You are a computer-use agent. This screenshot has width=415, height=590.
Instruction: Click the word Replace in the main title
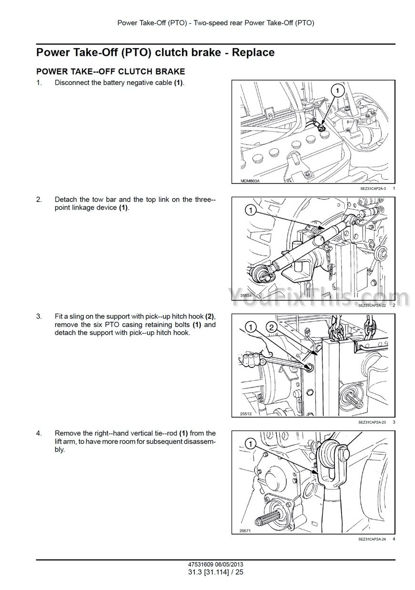tap(253, 52)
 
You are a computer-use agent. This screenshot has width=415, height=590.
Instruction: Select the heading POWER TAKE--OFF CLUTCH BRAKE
tap(111, 71)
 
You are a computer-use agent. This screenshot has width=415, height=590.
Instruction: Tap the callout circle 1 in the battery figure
tap(338, 91)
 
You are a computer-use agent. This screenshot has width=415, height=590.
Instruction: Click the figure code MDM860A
tap(250, 181)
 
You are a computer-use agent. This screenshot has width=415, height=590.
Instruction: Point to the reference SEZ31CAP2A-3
tap(373, 189)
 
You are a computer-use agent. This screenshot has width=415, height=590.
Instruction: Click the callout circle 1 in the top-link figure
tap(251, 210)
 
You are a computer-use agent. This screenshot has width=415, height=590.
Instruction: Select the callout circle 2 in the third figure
tap(272, 327)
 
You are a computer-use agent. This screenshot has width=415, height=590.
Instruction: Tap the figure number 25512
tap(246, 414)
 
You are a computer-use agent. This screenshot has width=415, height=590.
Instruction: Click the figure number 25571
tap(245, 531)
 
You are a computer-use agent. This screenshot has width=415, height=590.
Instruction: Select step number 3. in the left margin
tap(39, 316)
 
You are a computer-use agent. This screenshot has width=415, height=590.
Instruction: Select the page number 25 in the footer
tap(239, 572)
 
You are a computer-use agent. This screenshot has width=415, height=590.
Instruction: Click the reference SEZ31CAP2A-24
tap(372, 539)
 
